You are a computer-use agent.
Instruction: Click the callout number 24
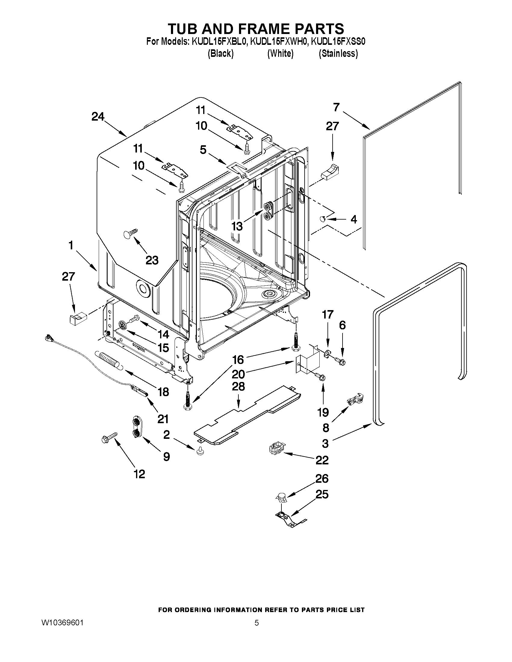[x=98, y=117]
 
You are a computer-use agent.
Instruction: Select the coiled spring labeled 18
[x=109, y=359]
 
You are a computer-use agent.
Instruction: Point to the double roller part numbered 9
[x=137, y=427]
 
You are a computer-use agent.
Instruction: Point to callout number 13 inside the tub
[x=237, y=226]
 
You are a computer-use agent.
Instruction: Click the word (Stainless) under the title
[x=338, y=54]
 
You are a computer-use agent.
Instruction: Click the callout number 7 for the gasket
[x=336, y=107]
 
